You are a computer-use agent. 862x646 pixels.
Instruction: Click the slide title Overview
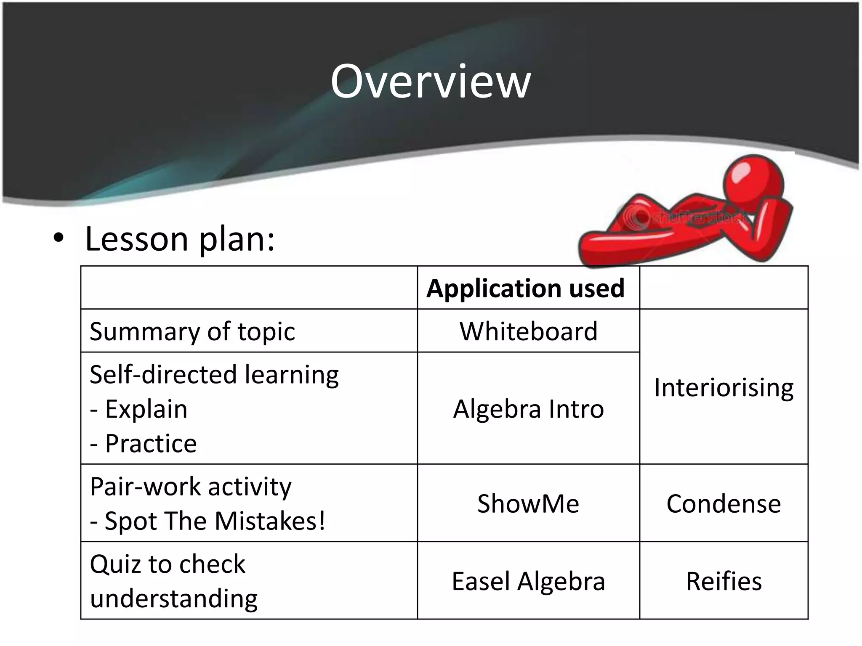pos(431,82)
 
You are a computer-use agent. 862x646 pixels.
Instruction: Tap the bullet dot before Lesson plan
pos(59,238)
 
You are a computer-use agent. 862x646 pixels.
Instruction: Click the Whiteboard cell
pos(528,331)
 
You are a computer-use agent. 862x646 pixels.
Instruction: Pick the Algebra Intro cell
pos(528,409)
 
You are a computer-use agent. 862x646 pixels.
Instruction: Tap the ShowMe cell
pos(528,503)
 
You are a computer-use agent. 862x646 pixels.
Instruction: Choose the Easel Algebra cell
pos(528,581)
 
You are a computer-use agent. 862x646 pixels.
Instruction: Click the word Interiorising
pos(724,387)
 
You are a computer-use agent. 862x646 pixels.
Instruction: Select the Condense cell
pos(724,503)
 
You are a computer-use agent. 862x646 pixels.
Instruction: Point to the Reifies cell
pos(724,581)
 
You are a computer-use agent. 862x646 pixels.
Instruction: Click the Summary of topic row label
pos(192,331)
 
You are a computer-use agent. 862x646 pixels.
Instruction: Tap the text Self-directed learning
pos(214,374)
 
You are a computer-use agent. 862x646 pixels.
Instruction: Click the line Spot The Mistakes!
pos(215,521)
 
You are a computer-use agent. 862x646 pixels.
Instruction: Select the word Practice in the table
pos(151,444)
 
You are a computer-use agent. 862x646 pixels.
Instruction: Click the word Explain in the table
pos(146,409)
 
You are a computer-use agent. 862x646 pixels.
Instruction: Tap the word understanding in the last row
pos(174,599)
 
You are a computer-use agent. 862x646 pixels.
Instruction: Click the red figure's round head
pos(753,184)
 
